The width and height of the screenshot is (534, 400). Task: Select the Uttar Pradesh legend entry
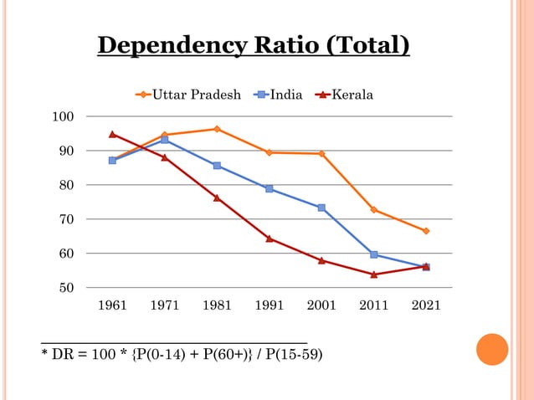[188, 95]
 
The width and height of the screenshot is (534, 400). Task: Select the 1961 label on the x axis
[113, 306]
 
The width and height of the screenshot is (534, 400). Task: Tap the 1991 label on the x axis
[270, 306]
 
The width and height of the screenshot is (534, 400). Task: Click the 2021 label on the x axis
[426, 306]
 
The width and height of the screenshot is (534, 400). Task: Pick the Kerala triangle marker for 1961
[112, 134]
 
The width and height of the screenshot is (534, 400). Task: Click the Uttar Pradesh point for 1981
[217, 129]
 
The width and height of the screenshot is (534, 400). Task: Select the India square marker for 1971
[165, 140]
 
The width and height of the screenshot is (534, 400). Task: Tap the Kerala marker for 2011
[373, 274]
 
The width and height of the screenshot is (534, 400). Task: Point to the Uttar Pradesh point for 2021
[426, 231]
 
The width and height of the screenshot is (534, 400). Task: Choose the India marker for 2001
[321, 208]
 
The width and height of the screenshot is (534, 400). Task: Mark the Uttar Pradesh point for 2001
[321, 154]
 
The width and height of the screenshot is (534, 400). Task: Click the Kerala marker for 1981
[217, 197]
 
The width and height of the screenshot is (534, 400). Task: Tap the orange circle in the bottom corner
[492, 350]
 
